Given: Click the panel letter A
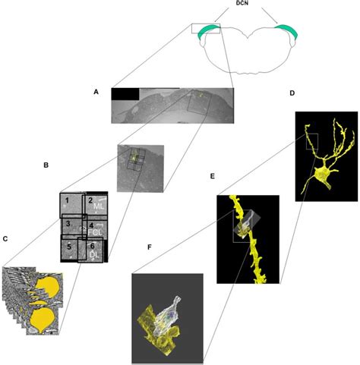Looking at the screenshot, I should coord(96,92).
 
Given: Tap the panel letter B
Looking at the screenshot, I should coord(46,163).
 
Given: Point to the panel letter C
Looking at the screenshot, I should coord(7,240).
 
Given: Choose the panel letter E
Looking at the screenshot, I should coord(213,176).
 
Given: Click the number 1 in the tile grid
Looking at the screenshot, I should coord(68,200).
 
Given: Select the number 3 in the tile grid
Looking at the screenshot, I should coord(68,224).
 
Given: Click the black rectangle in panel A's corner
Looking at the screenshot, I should coord(125,94).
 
